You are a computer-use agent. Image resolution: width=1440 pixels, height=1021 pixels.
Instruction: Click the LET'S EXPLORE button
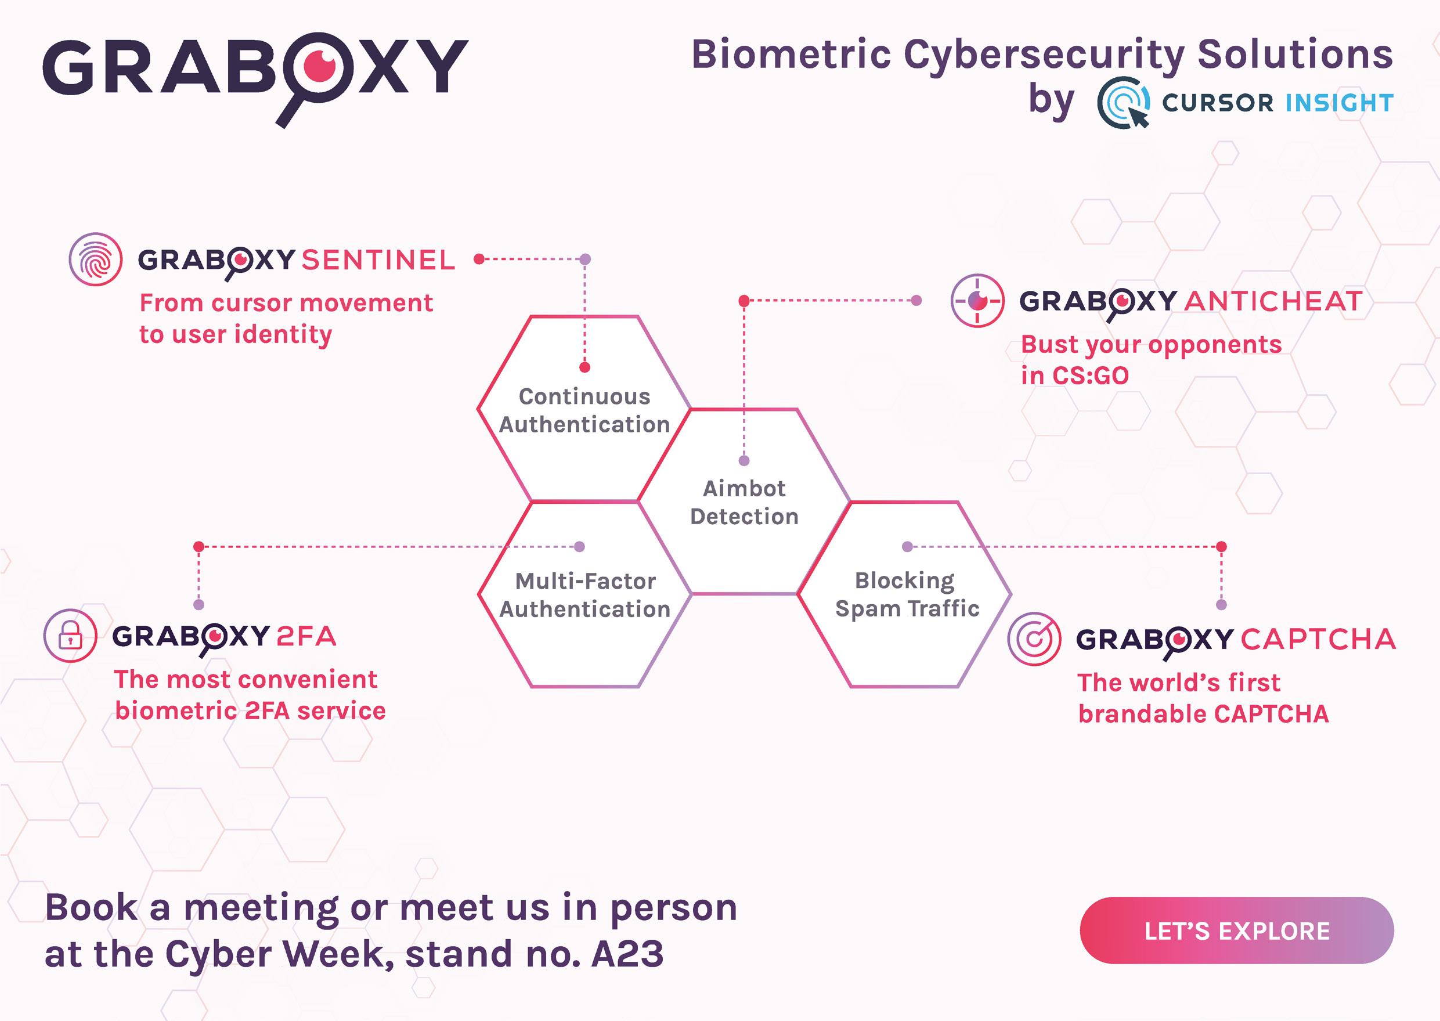[x=1236, y=930]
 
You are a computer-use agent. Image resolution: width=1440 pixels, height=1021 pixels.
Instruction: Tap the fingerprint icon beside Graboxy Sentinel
[x=95, y=259]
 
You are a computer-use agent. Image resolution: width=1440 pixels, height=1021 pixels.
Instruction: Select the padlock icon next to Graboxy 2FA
[x=70, y=636]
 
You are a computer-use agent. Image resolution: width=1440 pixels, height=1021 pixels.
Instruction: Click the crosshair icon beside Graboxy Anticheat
[x=977, y=301]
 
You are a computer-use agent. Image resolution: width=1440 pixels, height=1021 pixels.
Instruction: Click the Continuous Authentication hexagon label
[x=584, y=410]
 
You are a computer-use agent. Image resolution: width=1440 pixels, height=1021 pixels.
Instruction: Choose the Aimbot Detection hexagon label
[x=744, y=502]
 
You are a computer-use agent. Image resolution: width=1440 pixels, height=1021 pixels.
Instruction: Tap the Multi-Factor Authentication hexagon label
[x=584, y=595]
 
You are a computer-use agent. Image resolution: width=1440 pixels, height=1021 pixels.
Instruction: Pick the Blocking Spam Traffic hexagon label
[x=907, y=594]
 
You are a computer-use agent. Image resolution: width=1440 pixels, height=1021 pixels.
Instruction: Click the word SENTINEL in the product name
[x=378, y=260]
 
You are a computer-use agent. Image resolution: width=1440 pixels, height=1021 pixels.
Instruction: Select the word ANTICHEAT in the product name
[x=1273, y=301]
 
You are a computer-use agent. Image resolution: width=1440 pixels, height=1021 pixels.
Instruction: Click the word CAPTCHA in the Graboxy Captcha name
[x=1318, y=640]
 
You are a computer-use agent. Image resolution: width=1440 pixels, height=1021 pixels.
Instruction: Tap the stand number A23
[x=627, y=954]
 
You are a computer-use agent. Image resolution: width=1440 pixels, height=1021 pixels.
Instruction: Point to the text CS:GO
[x=1091, y=376]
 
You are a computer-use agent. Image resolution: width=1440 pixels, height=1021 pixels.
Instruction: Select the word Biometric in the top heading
[x=791, y=54]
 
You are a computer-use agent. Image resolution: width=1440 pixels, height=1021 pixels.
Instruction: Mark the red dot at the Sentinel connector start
[x=479, y=258]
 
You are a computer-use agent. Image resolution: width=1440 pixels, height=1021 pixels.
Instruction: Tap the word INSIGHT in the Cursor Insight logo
[x=1340, y=103]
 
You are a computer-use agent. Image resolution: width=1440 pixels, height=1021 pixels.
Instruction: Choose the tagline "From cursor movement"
[x=286, y=303]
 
